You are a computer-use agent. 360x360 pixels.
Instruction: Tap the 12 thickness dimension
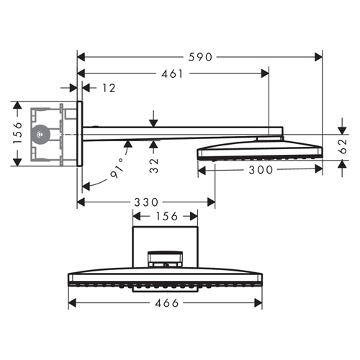point(109,88)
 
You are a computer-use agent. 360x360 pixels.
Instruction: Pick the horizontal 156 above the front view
point(168,217)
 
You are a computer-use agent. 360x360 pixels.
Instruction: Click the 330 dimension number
point(147,202)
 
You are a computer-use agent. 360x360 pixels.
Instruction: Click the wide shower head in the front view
point(164,280)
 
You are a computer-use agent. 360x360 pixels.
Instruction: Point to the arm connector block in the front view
point(166,258)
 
